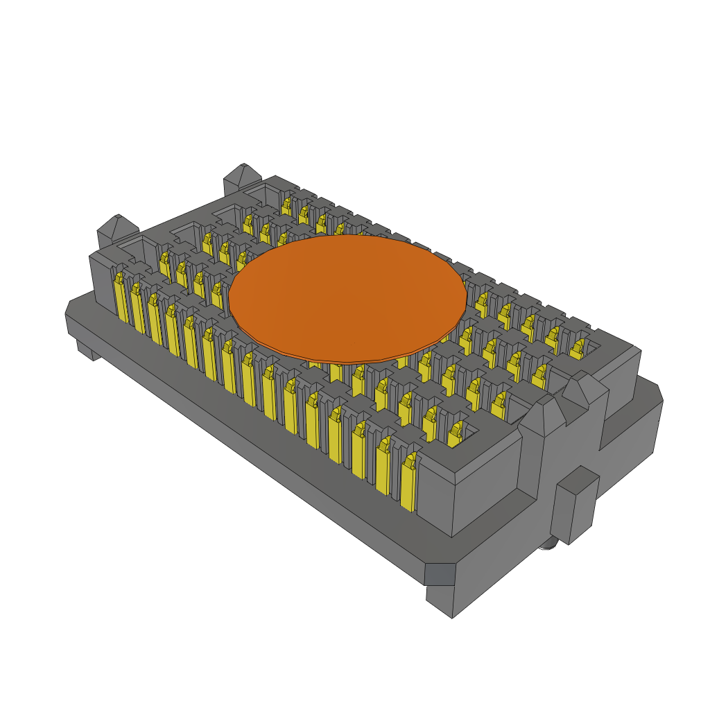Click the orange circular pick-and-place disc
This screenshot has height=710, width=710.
(x=347, y=298)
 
